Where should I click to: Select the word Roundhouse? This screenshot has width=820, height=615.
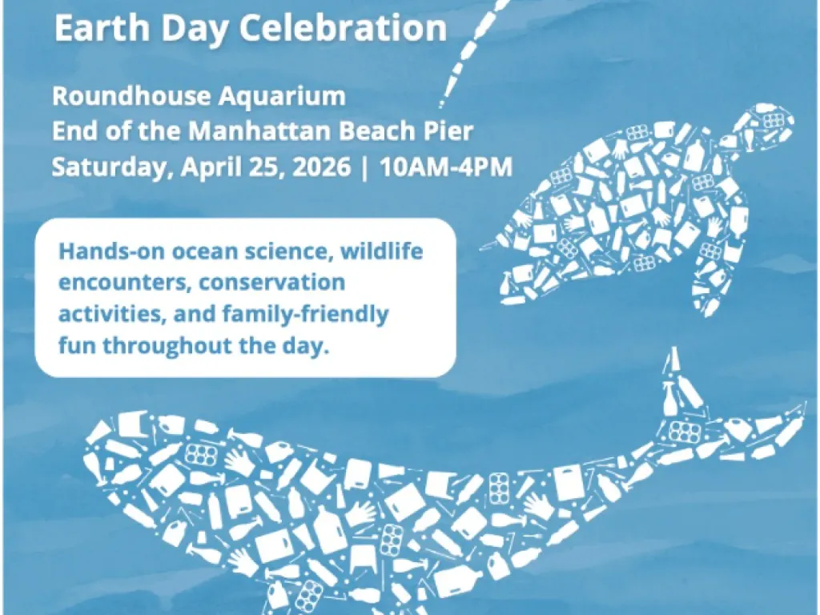(x=131, y=96)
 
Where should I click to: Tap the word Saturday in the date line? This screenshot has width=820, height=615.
(x=113, y=167)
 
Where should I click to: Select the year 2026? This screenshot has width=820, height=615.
(x=321, y=167)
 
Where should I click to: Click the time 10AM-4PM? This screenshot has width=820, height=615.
(x=446, y=167)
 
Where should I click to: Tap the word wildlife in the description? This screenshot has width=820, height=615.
(x=382, y=251)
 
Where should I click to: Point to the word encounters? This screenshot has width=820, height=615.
(x=124, y=283)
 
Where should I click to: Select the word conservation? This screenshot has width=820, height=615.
(x=272, y=283)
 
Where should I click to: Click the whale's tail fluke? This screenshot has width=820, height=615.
(x=732, y=413)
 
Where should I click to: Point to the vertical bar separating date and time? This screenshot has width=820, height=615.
(x=365, y=167)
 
